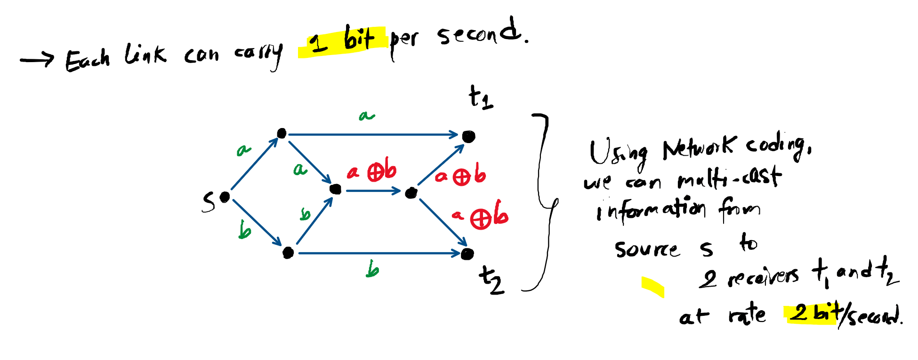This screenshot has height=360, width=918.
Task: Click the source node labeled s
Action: (x=225, y=197)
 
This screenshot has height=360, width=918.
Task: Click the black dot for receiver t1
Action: (x=468, y=136)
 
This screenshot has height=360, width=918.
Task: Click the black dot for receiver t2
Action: (x=467, y=254)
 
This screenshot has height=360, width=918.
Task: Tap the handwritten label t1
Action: (x=481, y=98)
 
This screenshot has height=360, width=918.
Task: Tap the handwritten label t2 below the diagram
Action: (x=491, y=280)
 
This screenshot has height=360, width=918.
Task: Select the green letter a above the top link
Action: (x=367, y=115)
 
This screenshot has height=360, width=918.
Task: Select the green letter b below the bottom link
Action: (x=372, y=270)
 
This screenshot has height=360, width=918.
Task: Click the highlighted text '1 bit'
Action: (x=343, y=40)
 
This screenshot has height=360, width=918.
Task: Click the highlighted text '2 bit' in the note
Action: (x=813, y=313)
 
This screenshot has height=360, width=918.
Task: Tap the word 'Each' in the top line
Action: (x=88, y=60)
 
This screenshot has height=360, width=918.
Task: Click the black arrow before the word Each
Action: (x=37, y=60)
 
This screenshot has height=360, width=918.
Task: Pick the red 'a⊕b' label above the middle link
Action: (x=372, y=172)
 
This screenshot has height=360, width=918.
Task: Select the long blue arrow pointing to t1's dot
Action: (x=372, y=135)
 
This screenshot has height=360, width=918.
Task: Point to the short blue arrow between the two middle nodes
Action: (x=373, y=191)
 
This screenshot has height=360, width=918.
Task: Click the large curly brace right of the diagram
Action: (x=544, y=202)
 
